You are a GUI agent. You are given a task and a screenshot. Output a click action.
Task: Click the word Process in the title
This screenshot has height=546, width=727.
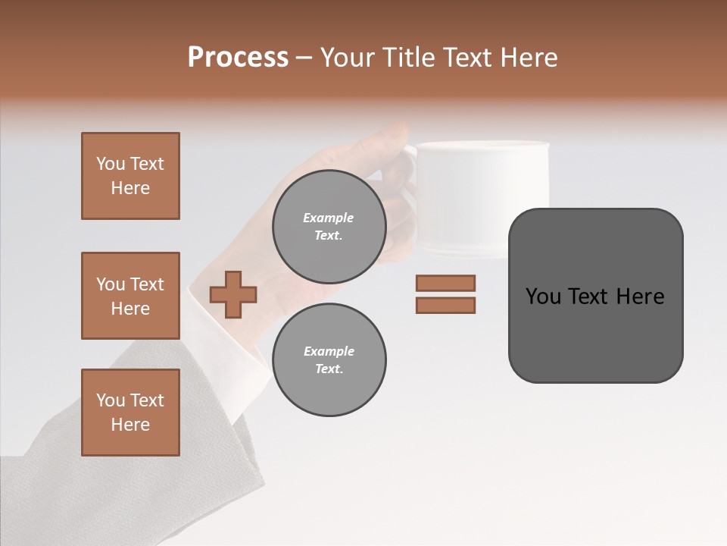click(x=238, y=58)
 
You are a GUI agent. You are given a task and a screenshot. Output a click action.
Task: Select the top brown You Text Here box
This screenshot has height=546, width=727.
click(x=130, y=176)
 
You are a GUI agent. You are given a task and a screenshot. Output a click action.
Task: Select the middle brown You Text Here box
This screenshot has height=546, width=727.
click(x=130, y=296)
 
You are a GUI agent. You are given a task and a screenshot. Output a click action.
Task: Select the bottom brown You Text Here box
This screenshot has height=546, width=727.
click(x=130, y=413)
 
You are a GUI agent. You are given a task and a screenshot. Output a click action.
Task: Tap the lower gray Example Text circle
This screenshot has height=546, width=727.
click(x=329, y=360)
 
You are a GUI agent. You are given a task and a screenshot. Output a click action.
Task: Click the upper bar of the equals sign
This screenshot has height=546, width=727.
click(x=445, y=283)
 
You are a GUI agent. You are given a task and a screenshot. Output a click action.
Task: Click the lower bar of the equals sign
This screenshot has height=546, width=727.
click(x=445, y=305)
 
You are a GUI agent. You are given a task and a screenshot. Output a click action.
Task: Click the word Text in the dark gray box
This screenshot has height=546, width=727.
click(x=593, y=297)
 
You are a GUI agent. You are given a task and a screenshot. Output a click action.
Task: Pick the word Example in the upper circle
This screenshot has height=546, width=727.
click(x=329, y=218)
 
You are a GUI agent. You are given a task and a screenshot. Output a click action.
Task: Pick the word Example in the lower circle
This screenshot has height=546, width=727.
click(x=329, y=351)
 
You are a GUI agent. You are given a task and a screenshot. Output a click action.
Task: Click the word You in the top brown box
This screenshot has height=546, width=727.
click(x=111, y=164)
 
